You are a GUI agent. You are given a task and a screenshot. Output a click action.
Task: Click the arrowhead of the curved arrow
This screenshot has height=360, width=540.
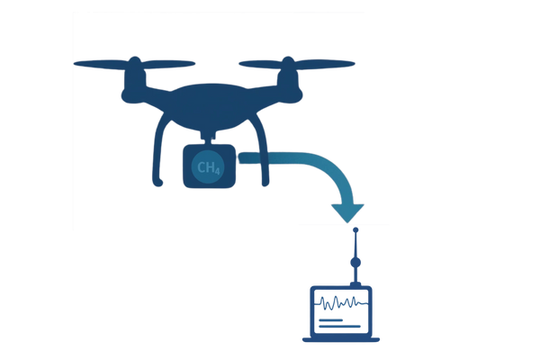[347, 212]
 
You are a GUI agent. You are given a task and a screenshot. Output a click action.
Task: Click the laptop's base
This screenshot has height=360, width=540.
[339, 339]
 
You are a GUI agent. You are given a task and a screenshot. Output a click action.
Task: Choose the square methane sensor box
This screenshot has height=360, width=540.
[209, 166]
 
